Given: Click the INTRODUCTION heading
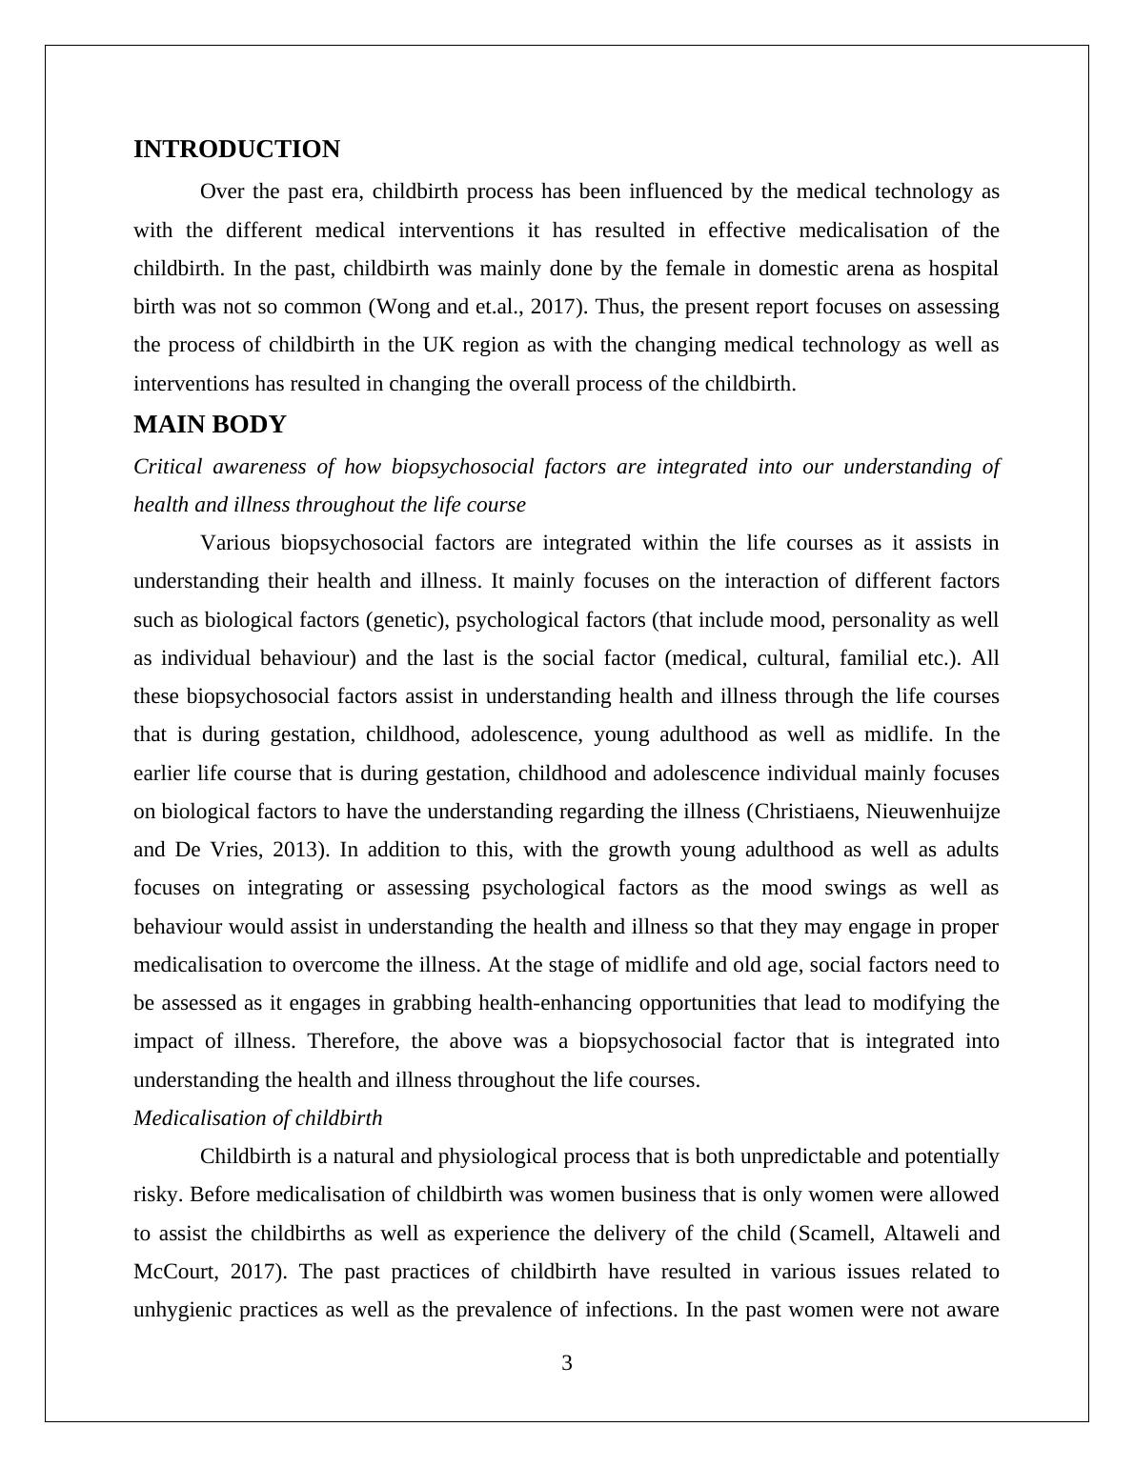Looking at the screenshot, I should tap(236, 150).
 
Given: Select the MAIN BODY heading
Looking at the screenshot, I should tap(210, 425).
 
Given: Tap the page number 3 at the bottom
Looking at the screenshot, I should tap(567, 1363).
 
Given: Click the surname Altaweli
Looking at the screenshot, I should tap(923, 1234).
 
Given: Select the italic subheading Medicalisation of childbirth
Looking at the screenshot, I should tap(257, 1118).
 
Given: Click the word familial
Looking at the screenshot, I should tap(894, 658).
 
